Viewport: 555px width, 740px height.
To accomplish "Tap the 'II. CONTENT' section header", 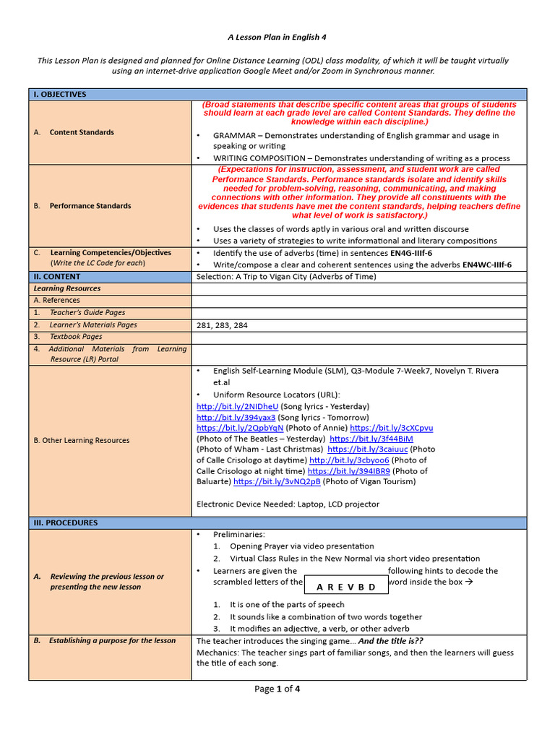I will (57, 276).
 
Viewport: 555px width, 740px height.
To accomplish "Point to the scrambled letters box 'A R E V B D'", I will (347, 586).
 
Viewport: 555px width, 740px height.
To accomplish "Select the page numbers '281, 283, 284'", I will (222, 325).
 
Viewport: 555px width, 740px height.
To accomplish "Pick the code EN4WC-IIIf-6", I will (486, 264).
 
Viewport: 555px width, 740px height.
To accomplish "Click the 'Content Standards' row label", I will (82, 132).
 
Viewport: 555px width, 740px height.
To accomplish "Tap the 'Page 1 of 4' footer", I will (277, 689).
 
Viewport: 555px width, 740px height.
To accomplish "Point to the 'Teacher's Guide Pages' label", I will (87, 313).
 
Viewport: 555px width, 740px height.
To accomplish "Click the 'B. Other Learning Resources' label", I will (82, 440).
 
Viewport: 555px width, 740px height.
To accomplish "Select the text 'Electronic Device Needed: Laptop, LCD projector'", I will (288, 504).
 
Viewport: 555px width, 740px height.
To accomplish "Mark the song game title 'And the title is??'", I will (391, 640).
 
